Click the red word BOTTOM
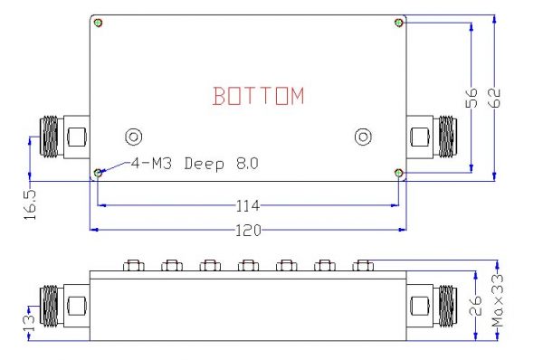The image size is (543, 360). click(259, 96)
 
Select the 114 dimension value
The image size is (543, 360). click(248, 206)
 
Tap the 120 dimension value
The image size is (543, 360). click(248, 230)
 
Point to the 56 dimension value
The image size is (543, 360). click(472, 98)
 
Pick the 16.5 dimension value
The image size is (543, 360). click(30, 204)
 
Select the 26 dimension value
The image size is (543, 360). click(476, 306)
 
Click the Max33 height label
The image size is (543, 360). click(498, 300)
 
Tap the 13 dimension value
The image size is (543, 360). click(30, 323)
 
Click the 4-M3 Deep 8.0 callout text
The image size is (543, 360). click(195, 164)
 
